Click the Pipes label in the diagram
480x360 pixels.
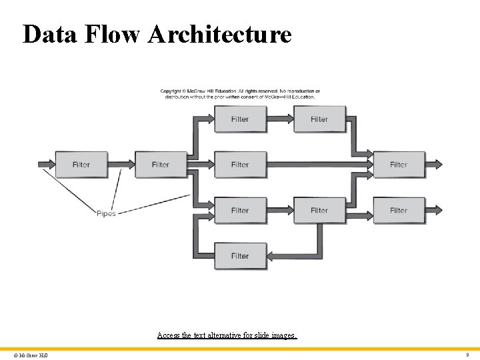tap(106, 213)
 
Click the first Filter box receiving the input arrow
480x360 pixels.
tap(81, 165)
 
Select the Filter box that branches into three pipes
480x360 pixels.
tap(161, 165)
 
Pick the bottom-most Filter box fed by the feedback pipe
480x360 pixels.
tap(240, 256)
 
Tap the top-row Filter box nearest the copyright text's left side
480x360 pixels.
tap(240, 119)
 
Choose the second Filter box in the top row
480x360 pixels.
tap(319, 119)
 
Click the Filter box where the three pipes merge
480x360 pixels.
tap(398, 165)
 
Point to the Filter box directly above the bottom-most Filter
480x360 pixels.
tap(240, 211)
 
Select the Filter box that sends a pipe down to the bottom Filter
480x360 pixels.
tap(319, 211)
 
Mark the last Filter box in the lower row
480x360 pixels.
tap(398, 211)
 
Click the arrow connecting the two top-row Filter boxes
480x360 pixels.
tap(280, 119)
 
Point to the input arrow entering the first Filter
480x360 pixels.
tap(45, 164)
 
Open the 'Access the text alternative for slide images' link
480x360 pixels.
tap(227, 335)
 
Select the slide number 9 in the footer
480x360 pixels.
tap(467, 355)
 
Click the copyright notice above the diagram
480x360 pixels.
tap(240, 93)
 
